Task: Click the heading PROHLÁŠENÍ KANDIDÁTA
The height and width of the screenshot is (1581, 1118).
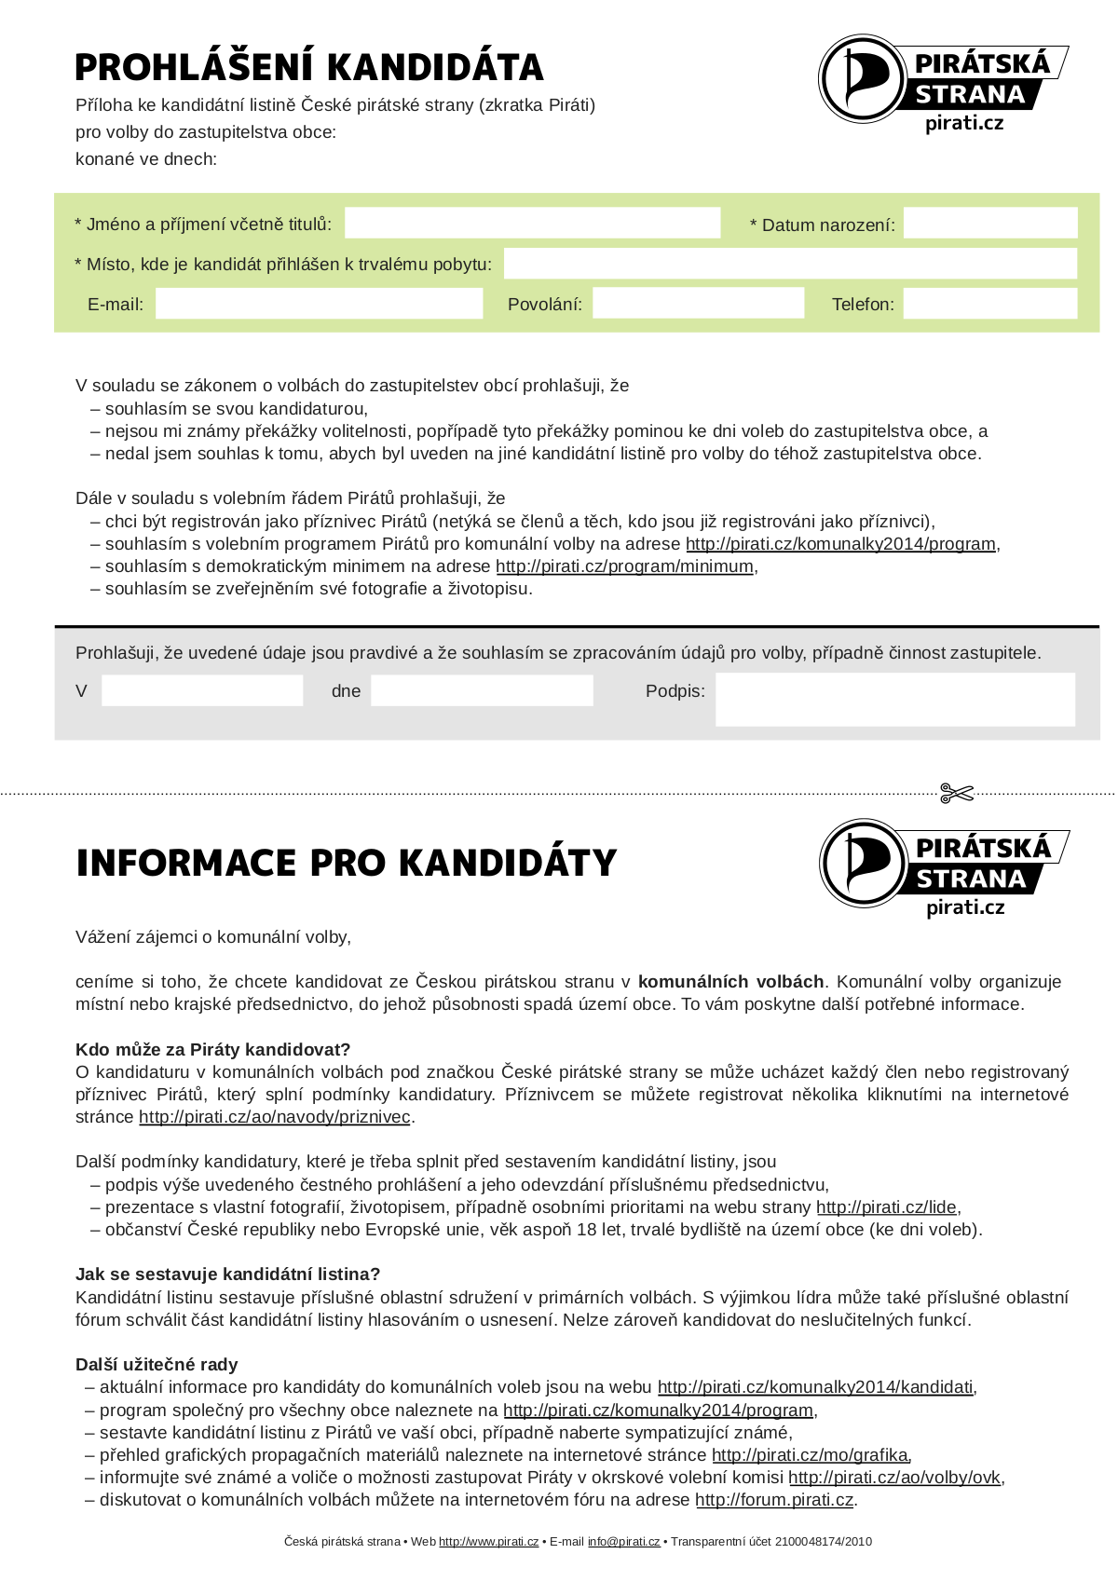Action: point(308,68)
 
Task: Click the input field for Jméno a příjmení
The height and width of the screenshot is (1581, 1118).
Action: point(532,224)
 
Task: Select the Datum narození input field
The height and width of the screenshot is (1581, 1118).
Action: point(989,224)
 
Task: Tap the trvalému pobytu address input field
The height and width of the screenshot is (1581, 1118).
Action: point(789,264)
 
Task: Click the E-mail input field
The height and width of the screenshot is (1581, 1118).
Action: point(319,304)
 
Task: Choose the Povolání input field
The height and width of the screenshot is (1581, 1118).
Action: point(698,304)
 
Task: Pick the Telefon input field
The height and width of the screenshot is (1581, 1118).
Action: point(989,304)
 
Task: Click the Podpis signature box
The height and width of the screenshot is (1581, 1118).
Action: point(894,699)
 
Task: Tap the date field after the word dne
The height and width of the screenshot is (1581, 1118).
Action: point(482,691)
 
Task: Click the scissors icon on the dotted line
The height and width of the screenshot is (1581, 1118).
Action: point(956,794)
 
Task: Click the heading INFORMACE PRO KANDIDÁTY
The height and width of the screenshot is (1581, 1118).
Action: point(346,864)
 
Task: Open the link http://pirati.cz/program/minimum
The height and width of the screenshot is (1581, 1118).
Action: point(624,566)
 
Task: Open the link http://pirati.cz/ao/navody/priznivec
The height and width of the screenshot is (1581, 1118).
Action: point(275,1117)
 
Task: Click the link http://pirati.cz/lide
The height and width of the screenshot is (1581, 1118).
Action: point(886,1207)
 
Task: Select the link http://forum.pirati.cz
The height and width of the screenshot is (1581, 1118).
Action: point(774,1500)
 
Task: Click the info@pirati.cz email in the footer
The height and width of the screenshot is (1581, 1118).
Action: point(623,1542)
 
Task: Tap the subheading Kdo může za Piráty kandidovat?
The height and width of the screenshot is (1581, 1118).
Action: point(212,1050)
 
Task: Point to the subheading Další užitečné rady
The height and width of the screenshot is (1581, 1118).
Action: point(157,1365)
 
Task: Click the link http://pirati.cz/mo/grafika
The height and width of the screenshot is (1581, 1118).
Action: point(811,1455)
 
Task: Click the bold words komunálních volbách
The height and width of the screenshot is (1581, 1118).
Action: point(730,982)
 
